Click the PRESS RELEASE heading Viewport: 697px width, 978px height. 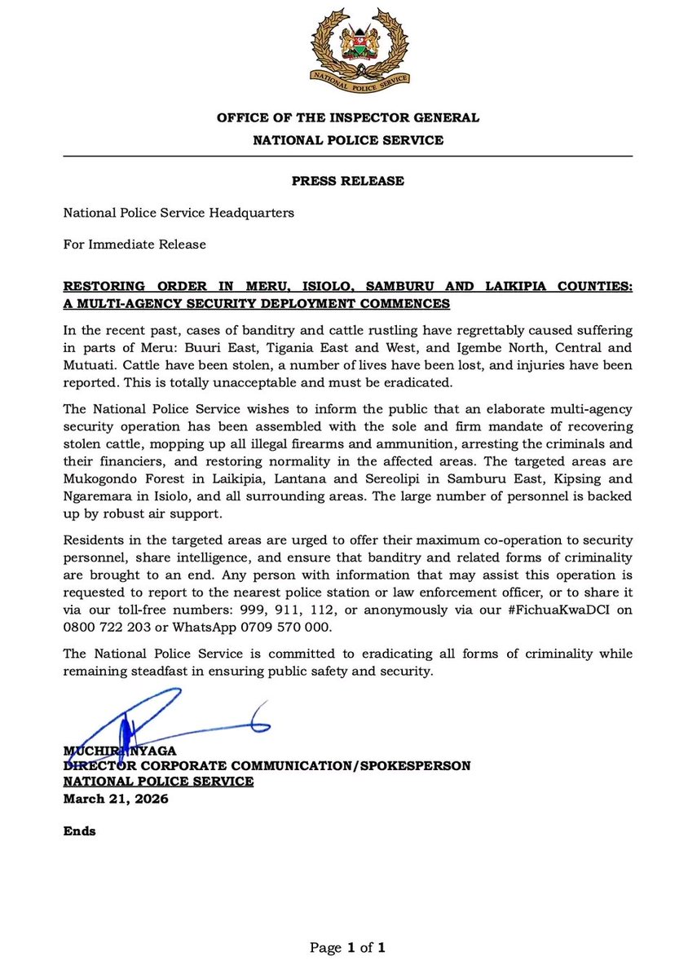pyautogui.click(x=348, y=181)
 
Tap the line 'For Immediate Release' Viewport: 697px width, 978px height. pyautogui.click(x=135, y=244)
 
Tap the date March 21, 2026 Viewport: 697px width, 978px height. pyautogui.click(x=116, y=799)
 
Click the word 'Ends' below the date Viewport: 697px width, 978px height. pyautogui.click(x=79, y=831)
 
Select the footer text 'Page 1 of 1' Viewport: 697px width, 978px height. pyautogui.click(x=347, y=947)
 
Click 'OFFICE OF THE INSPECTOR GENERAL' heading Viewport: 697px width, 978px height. pyautogui.click(x=348, y=117)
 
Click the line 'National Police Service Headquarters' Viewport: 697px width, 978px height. pyautogui.click(x=179, y=213)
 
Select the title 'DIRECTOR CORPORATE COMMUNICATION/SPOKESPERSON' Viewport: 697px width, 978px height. pyautogui.click(x=267, y=766)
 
